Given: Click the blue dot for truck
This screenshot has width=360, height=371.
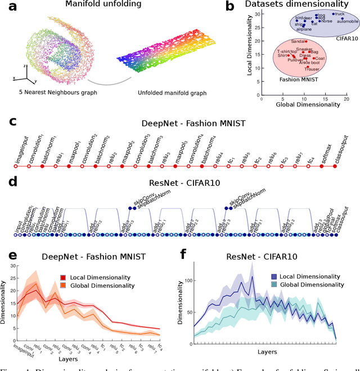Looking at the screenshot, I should point(334,14).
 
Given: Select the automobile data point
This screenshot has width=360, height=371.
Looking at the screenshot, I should point(342,19).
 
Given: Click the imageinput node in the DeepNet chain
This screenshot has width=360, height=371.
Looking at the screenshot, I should point(18,167).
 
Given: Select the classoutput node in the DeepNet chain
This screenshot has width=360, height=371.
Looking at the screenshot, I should point(335,167).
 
